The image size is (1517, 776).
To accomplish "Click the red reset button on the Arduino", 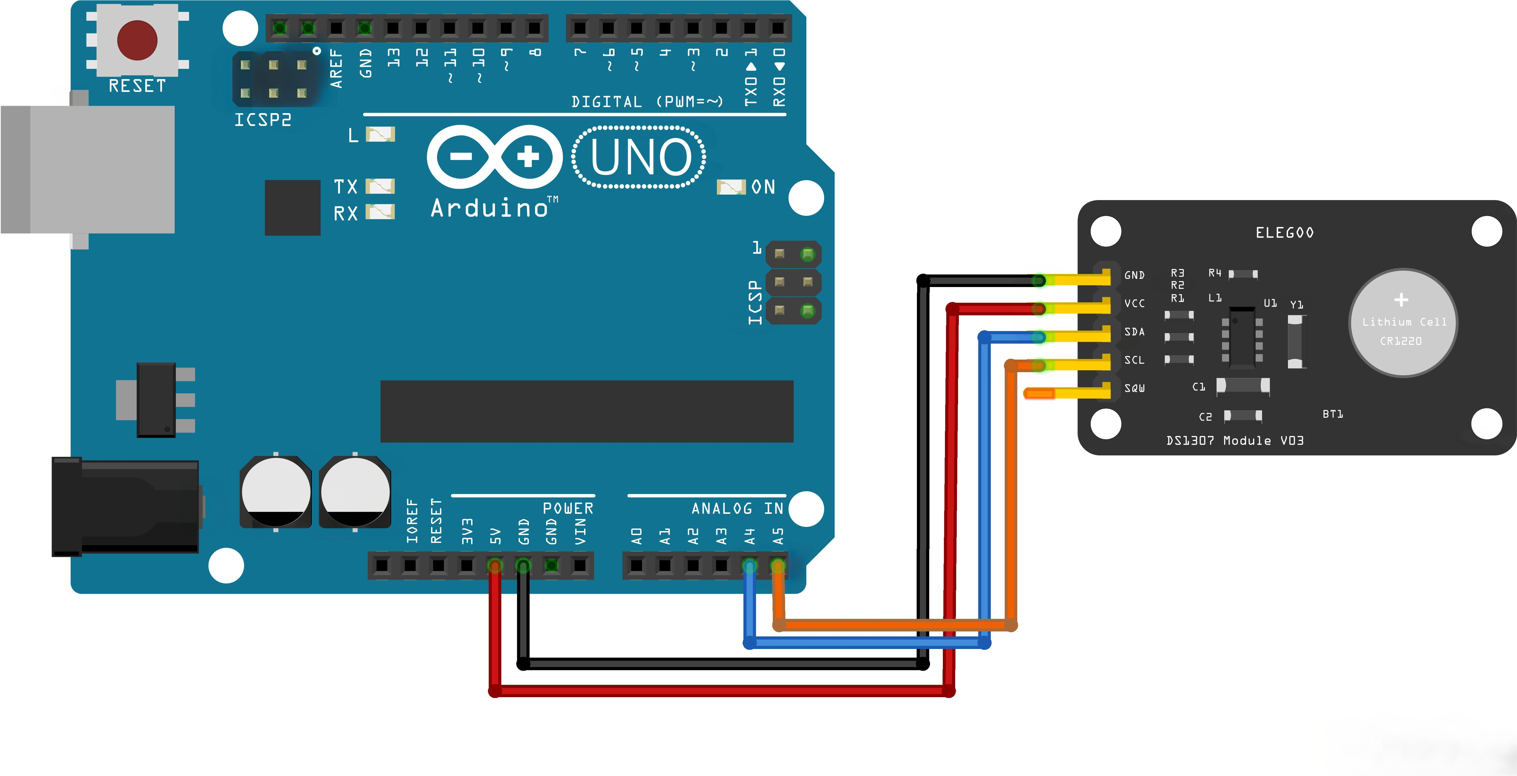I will (137, 40).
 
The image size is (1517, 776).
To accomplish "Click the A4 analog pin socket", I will (749, 566).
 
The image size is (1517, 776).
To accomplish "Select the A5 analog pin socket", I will (777, 566).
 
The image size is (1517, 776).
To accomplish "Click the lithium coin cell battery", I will (1403, 323).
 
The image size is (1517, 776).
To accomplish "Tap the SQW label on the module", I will (1134, 388).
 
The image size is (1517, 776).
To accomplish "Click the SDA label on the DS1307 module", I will (1134, 332).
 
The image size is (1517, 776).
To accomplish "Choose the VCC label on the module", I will (1134, 303).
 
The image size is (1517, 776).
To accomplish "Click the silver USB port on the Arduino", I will (88, 169).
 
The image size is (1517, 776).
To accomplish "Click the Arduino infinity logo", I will (495, 157).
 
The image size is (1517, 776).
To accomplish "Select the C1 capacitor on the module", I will (1243, 386).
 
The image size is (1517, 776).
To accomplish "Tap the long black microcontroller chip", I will (586, 411).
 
